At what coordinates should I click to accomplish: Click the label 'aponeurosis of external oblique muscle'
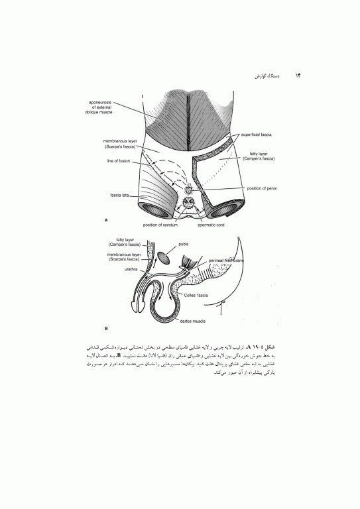(x=104, y=107)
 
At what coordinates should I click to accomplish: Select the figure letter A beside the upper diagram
(x=107, y=218)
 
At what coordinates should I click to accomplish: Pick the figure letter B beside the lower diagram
(x=107, y=328)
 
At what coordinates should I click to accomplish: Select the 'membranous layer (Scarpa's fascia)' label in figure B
(x=125, y=256)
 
